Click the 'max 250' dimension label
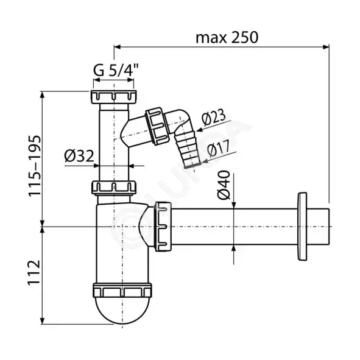click(227, 38)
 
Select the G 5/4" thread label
click(116, 70)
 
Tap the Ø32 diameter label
click(79, 156)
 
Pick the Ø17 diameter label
click(218, 149)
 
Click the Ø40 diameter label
click(224, 185)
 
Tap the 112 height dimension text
click(34, 273)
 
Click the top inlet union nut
click(114, 97)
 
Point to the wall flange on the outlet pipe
click(302, 227)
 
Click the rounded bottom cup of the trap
click(122, 310)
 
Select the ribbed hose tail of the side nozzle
click(187, 149)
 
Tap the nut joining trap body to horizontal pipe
click(163, 227)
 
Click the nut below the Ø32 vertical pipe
click(114, 188)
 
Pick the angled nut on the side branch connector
click(158, 126)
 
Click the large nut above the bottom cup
click(122, 291)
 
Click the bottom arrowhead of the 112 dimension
click(42, 321)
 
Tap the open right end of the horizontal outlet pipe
click(329, 227)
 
